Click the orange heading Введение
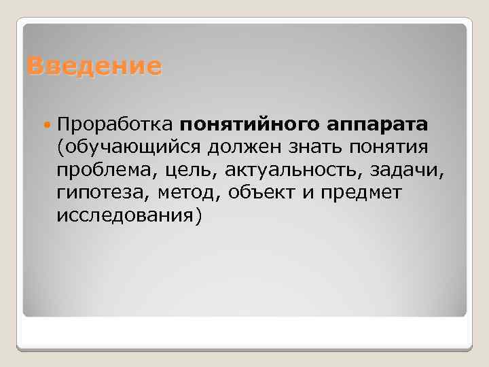pyautogui.click(x=94, y=67)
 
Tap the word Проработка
pyautogui.click(x=116, y=125)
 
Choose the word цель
pyautogui.click(x=184, y=171)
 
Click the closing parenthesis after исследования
pyautogui.click(x=199, y=216)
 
